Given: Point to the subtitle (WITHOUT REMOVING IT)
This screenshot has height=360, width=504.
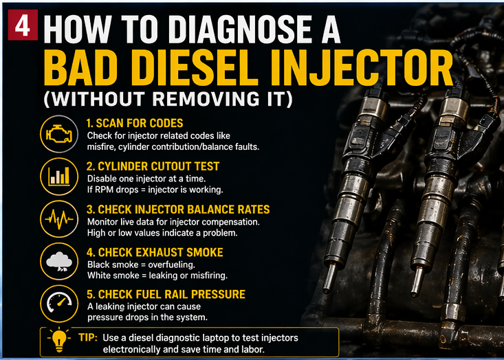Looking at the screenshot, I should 168,99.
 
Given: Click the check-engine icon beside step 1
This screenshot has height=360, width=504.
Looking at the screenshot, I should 59,133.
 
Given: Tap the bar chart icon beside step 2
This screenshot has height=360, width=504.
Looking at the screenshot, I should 59,177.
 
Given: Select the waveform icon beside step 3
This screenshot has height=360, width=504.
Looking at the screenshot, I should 59,220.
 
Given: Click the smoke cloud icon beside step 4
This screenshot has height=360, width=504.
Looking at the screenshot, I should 59,263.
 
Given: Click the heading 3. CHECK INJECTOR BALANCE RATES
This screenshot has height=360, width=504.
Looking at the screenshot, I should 177,210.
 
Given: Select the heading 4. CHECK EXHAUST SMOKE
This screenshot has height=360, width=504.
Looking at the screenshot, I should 155,252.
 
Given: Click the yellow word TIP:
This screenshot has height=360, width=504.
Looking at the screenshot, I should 87,338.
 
